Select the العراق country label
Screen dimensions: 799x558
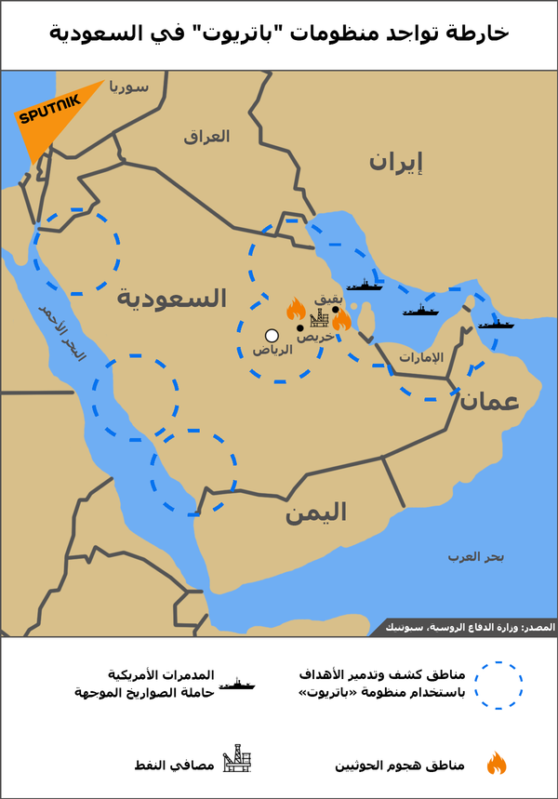point(206,136)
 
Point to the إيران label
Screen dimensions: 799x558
point(395,163)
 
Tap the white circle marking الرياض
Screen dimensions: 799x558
point(272,336)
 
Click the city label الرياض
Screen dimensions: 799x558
point(272,352)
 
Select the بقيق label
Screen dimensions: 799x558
point(329,300)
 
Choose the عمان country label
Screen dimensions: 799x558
point(487,400)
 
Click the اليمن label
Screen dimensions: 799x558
point(316,512)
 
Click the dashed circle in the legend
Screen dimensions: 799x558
point(498,686)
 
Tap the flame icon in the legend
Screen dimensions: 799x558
point(497,765)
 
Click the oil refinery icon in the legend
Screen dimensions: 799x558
point(236,761)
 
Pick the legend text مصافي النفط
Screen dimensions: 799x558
point(175,765)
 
